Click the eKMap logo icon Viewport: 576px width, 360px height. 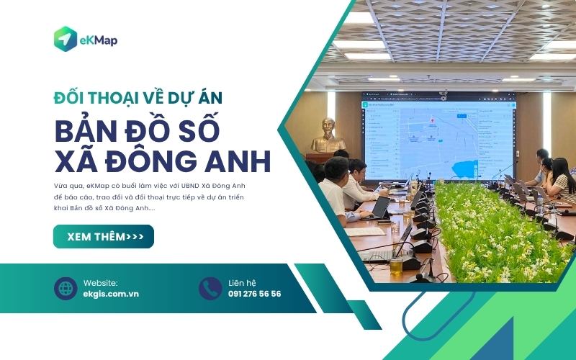click(66, 39)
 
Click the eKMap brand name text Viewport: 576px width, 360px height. click(99, 40)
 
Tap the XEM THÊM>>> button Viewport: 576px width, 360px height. click(104, 236)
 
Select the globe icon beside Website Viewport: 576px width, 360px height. click(66, 288)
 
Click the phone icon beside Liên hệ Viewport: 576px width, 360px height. click(210, 288)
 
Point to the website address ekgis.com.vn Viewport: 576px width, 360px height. click(111, 294)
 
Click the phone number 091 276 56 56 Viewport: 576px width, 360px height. click(254, 294)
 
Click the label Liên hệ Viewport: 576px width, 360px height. click(242, 282)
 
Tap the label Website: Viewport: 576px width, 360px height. click(100, 282)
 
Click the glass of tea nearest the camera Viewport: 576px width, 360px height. click(396, 264)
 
